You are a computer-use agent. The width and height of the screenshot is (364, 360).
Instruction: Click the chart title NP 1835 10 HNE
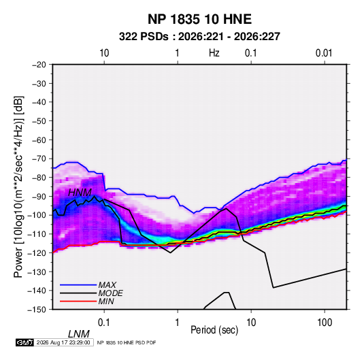[199, 19]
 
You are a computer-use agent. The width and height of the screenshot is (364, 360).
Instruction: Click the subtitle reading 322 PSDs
[144, 37]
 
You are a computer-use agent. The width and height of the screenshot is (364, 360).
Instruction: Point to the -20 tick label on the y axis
[39, 65]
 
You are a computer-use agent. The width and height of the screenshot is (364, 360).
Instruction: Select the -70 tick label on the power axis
[39, 159]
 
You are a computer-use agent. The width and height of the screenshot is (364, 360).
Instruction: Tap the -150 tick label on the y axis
[37, 310]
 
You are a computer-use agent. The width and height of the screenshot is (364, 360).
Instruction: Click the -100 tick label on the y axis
[37, 215]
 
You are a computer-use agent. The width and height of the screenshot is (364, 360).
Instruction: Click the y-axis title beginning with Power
[18, 187]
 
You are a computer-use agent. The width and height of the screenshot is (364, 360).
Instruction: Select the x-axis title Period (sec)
[214, 330]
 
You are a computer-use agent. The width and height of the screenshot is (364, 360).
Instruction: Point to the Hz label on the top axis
[214, 53]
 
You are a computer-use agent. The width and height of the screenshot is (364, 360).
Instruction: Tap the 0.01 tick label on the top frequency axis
[324, 53]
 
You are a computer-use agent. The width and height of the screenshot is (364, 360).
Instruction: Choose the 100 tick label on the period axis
[325, 323]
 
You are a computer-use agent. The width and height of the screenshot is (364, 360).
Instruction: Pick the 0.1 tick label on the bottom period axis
[104, 323]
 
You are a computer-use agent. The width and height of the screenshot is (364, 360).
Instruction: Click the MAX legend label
[107, 285]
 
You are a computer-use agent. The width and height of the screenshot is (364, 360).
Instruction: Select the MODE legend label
[110, 293]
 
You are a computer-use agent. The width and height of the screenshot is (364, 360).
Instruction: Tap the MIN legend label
[106, 301]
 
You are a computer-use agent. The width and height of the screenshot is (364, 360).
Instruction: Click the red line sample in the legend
[78, 301]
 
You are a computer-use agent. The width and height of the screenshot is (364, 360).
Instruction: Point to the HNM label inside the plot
[80, 193]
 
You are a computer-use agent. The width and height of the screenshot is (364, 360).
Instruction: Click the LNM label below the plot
[79, 334]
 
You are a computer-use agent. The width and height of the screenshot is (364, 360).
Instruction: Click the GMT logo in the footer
[25, 342]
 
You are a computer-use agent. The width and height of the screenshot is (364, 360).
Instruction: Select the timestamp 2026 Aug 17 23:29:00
[63, 342]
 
